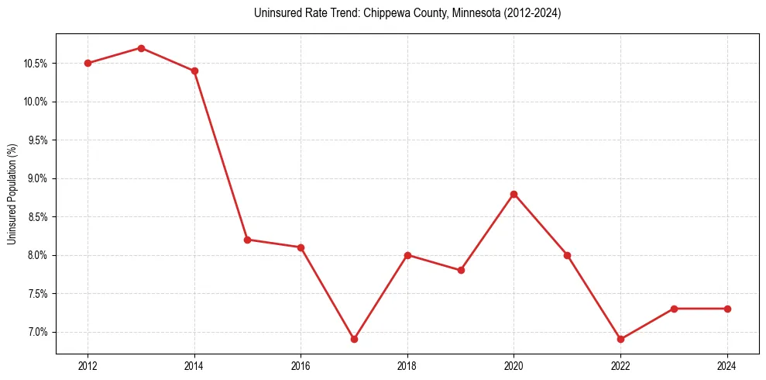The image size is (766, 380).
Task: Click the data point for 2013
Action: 141,48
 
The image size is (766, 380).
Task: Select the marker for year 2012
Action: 88,63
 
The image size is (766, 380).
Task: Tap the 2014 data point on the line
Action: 194,71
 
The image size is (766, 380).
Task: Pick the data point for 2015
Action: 248,240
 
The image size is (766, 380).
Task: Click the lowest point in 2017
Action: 354,339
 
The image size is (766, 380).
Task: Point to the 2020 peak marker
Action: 514,194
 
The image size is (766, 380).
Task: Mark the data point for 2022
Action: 620,339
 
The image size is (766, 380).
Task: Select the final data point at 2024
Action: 727,309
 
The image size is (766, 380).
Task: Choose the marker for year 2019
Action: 461,270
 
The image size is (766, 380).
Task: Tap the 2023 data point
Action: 674,309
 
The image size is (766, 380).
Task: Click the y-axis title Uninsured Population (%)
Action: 12,194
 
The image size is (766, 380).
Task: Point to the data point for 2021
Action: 567,255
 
